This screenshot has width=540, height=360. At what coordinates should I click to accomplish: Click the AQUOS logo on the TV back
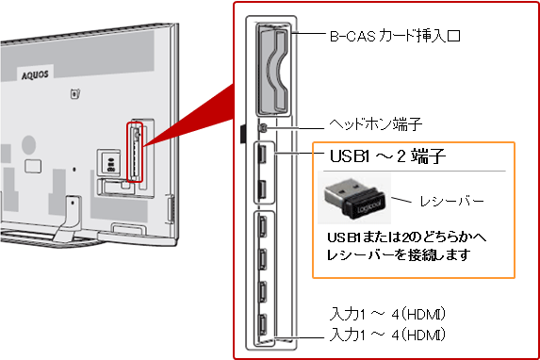click(x=35, y=75)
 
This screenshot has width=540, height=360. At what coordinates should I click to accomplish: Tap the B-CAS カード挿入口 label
click(x=395, y=36)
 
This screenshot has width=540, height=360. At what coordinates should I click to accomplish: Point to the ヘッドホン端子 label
click(x=375, y=124)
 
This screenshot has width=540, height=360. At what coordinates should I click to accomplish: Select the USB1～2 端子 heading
click(x=387, y=156)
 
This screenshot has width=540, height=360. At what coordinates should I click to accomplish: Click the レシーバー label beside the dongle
click(x=451, y=201)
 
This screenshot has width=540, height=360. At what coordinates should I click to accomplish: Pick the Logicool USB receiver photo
click(x=354, y=198)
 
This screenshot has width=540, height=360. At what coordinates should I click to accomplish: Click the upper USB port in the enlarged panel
click(x=262, y=154)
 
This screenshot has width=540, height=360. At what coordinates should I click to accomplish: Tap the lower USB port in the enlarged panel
click(x=262, y=188)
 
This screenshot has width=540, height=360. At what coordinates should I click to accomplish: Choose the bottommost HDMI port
click(x=262, y=325)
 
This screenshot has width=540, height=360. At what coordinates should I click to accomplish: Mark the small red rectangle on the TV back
click(x=135, y=152)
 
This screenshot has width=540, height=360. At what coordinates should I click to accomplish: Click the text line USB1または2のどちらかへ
click(x=406, y=237)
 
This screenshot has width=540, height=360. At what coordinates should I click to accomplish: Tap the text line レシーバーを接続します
click(x=399, y=255)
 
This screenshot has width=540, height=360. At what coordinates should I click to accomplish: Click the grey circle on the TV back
click(x=29, y=144)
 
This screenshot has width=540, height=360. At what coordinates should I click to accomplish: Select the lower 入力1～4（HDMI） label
click(x=387, y=335)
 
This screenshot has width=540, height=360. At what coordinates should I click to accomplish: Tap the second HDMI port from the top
click(x=262, y=259)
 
